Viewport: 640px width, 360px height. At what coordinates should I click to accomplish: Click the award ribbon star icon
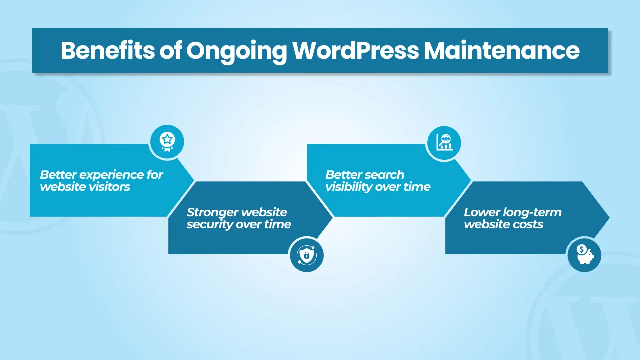pos(167,142)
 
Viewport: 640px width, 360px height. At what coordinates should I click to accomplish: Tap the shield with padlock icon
pos(307,255)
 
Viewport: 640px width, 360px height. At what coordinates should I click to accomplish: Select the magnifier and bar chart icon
pos(444,143)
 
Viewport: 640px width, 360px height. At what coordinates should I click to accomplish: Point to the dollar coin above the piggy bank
pos(581,249)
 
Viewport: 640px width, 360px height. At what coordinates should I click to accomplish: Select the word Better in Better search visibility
pos(343,175)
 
